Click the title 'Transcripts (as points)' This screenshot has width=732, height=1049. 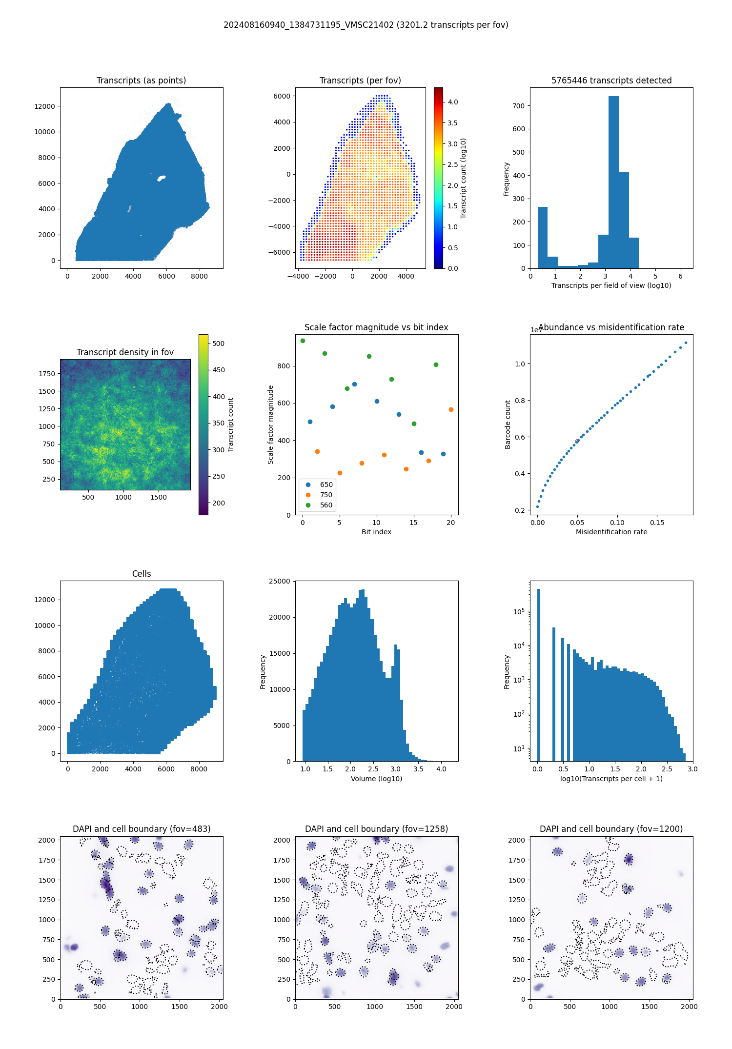[x=141, y=81]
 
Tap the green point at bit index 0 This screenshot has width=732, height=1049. [x=303, y=341]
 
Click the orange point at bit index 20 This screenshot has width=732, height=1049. [x=451, y=409]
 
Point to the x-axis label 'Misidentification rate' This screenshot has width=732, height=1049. [x=611, y=532]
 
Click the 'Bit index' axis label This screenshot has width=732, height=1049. [x=376, y=532]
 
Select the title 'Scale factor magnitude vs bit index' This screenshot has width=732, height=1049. [x=376, y=327]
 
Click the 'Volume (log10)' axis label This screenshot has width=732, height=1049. [x=376, y=779]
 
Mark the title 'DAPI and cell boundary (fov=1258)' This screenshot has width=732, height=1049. [x=376, y=829]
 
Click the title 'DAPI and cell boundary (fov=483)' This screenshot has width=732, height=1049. [x=142, y=829]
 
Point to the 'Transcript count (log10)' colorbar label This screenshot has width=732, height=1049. [x=464, y=178]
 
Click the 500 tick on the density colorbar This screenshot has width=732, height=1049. [x=218, y=343]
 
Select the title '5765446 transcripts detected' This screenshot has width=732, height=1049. [x=611, y=81]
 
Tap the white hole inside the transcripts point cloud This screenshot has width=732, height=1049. [x=162, y=178]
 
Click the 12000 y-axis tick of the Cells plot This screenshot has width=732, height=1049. [x=44, y=600]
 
